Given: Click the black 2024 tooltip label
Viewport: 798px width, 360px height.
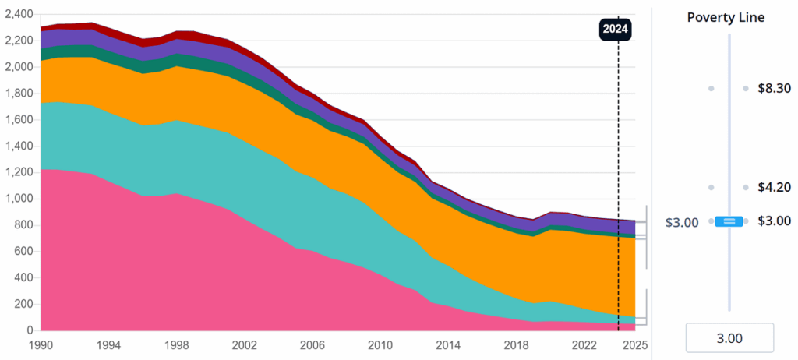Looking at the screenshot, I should tap(615, 30).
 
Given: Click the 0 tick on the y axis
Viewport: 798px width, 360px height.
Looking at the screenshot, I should tap(30, 330).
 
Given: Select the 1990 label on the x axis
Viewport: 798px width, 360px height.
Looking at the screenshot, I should tap(41, 344).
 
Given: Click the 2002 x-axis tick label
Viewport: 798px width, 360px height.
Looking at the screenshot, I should tap(245, 344).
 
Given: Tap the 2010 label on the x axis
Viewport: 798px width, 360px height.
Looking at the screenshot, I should tap(380, 344).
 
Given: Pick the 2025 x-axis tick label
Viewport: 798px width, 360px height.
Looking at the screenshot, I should tap(634, 344).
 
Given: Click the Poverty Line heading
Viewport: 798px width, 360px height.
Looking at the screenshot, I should tap(726, 18).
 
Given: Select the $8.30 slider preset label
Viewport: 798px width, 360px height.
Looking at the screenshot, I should tap(774, 89).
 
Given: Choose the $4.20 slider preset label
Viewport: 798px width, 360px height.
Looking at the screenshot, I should tap(774, 187).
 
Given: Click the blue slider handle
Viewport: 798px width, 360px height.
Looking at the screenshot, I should tap(729, 221).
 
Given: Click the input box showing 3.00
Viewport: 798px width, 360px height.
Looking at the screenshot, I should tap(729, 338).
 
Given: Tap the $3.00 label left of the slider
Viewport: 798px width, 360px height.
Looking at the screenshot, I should tap(682, 222).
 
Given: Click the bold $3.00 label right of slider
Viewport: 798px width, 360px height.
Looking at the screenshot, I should tap(774, 221).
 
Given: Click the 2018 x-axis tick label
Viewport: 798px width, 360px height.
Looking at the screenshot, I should tap(516, 344).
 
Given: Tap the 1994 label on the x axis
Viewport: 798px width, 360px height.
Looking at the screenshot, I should tap(109, 344).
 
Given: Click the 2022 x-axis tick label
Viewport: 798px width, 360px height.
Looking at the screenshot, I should tap(584, 344).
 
